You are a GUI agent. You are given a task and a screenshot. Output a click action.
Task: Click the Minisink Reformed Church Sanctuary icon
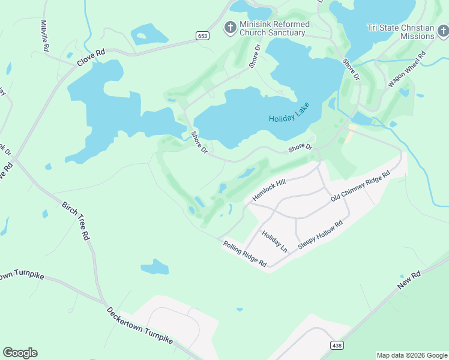[x=230, y=27]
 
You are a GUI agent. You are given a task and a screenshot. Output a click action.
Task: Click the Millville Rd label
[x=45, y=35]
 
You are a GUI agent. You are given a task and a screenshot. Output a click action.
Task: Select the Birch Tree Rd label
[x=76, y=220]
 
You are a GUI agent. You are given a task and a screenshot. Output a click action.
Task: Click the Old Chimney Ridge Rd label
[x=360, y=187]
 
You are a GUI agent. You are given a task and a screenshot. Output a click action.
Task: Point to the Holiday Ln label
[x=274, y=241]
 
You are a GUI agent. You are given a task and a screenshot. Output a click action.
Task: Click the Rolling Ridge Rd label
[x=244, y=253]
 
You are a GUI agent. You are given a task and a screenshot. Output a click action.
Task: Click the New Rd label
[x=409, y=280]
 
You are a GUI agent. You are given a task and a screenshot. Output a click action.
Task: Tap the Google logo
[x=20, y=353]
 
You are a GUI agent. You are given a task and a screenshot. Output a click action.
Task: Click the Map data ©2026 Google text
[x=411, y=355]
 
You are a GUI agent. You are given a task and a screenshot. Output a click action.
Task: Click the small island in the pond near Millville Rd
[x=142, y=36]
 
